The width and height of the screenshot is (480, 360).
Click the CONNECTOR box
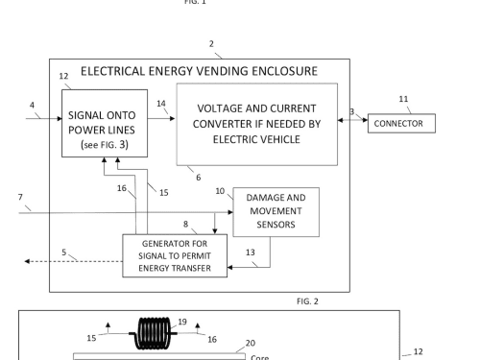point(401,123)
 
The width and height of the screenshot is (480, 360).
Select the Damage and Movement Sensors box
point(276,212)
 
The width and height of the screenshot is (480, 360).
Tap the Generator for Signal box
point(175,255)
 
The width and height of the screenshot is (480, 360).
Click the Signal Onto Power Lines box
point(105,123)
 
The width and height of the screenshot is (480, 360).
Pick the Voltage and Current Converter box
point(257,125)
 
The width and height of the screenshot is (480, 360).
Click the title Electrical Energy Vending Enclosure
point(199,71)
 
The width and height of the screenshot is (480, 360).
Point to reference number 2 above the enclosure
point(211,44)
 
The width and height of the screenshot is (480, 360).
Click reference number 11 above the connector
point(403,99)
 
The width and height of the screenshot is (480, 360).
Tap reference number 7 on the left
point(20,197)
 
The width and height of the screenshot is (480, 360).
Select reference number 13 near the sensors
point(251,252)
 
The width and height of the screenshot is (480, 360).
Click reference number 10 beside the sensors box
point(220,191)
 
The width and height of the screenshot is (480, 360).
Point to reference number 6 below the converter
point(199,178)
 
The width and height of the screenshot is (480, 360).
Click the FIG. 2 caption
point(307,301)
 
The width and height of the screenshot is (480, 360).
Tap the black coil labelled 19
point(154,333)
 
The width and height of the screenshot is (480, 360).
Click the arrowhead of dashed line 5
point(27,261)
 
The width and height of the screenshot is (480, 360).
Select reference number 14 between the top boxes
point(161,104)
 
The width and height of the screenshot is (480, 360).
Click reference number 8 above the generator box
point(185,225)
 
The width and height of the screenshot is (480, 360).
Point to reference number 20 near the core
point(251,343)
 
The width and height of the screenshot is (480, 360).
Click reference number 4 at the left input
point(32,105)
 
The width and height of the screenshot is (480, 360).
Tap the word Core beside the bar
point(260,357)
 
